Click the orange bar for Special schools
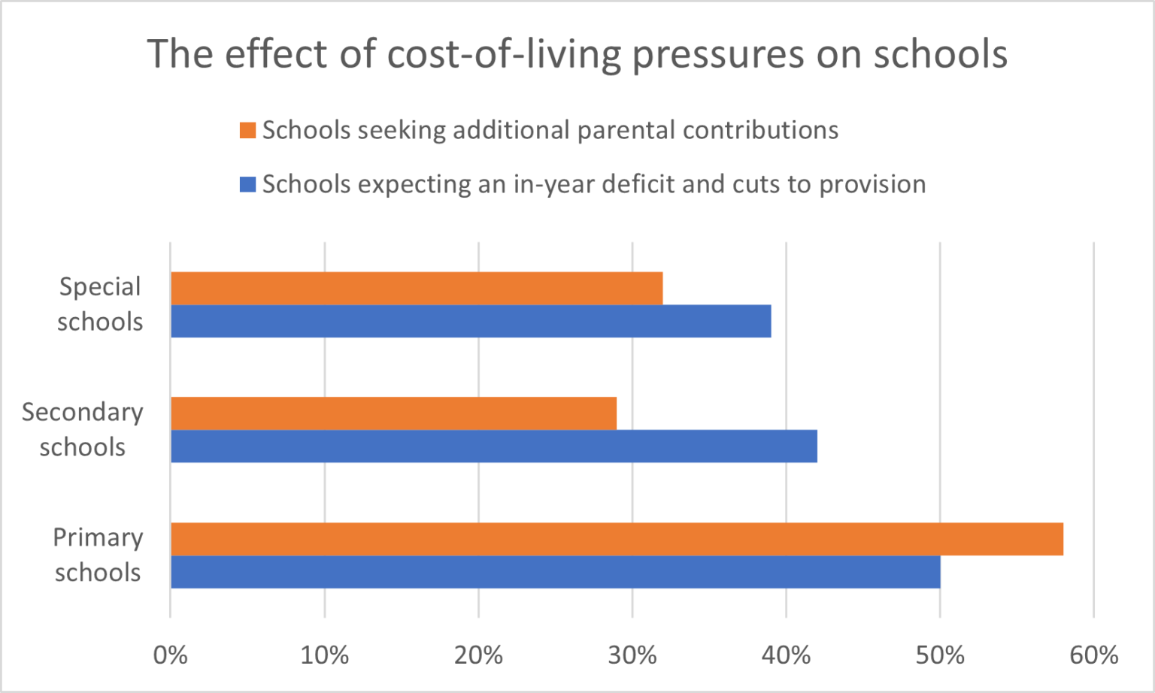pyautogui.click(x=417, y=288)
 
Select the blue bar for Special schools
pyautogui.click(x=471, y=321)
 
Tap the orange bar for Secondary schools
pyautogui.click(x=393, y=413)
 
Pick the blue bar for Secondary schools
pyautogui.click(x=493, y=446)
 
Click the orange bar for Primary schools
pyautogui.click(x=617, y=539)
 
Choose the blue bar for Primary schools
pyautogui.click(x=555, y=572)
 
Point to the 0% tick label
pyautogui.click(x=171, y=655)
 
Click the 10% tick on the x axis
pyautogui.click(x=324, y=655)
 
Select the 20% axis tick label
pyautogui.click(x=478, y=655)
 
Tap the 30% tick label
pyautogui.click(x=632, y=655)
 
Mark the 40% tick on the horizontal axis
pyautogui.click(x=786, y=655)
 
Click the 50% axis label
pyautogui.click(x=940, y=655)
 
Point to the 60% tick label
pyautogui.click(x=1094, y=655)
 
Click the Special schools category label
pyautogui.click(x=100, y=304)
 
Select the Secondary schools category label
pyautogui.click(x=83, y=430)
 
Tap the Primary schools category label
pyautogui.click(x=98, y=555)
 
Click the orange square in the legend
pyautogui.click(x=247, y=131)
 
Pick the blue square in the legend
pyautogui.click(x=247, y=184)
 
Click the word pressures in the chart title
pyautogui.click(x=717, y=54)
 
